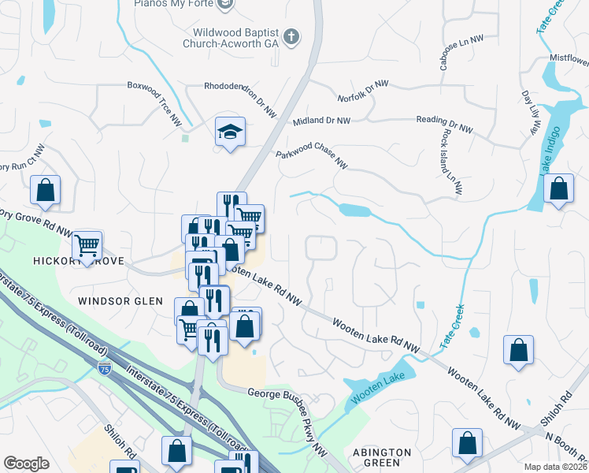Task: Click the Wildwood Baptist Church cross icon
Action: pos(291,36)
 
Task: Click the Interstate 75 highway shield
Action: pos(105,367)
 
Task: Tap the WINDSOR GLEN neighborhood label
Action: pos(120,301)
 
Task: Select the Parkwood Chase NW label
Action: pos(312,155)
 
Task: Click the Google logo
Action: pos(26,464)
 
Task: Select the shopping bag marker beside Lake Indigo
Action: pos(558,189)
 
